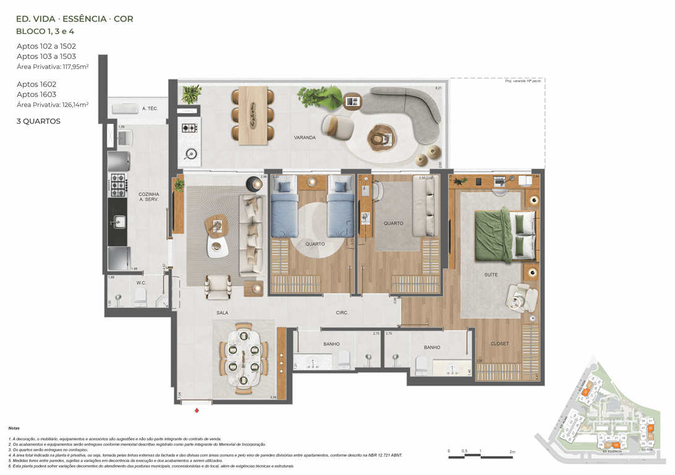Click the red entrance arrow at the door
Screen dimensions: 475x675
click(197, 409)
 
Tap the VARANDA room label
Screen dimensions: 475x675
click(305, 137)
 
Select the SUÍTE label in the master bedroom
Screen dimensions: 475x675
click(491, 274)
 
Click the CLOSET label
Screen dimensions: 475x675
click(499, 344)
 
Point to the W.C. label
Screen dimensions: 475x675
click(141, 283)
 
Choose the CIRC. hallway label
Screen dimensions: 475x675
click(342, 313)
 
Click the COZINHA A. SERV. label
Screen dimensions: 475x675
click(149, 197)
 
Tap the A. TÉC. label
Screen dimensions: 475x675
click(148, 109)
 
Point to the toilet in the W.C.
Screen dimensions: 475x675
click(140, 296)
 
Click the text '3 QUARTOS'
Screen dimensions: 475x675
click(38, 121)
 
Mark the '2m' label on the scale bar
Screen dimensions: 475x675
click(512, 451)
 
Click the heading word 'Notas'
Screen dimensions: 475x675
click(14, 428)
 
